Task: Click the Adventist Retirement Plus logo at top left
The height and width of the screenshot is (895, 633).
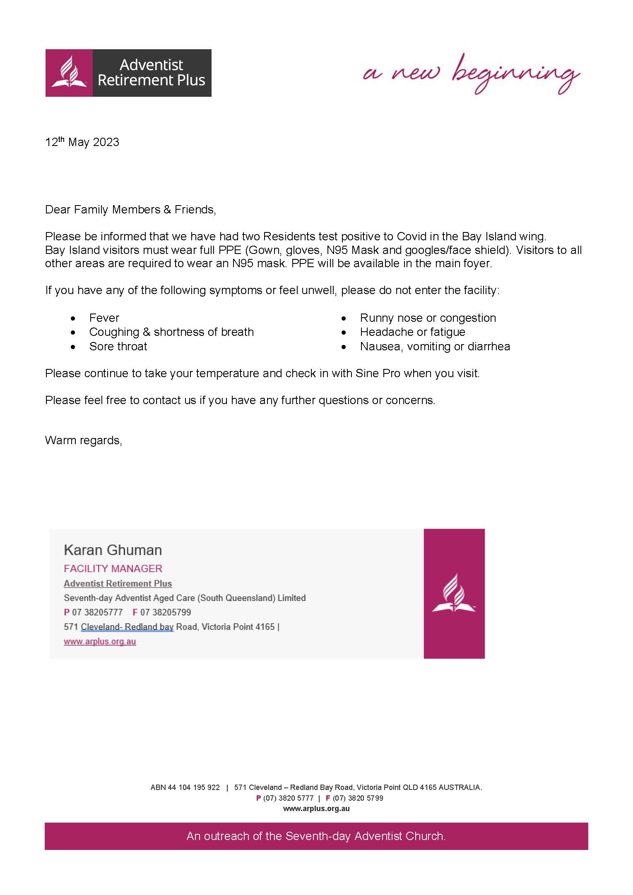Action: point(128,73)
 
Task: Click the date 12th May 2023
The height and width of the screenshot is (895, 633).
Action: point(82,142)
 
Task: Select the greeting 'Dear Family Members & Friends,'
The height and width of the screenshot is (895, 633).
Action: point(130,210)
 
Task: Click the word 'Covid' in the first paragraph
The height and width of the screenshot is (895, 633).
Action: point(412,237)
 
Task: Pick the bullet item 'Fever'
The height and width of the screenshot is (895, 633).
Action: point(104,318)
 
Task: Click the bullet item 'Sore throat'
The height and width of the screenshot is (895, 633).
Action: point(118,347)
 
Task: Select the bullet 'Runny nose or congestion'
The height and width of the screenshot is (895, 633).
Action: point(428,318)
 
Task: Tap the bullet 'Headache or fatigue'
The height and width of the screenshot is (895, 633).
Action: point(412,332)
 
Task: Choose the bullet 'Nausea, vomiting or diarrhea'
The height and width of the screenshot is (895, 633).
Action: point(435,347)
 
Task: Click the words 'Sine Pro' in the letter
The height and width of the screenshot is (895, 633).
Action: point(378,373)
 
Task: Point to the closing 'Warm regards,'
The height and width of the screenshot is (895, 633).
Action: point(83,440)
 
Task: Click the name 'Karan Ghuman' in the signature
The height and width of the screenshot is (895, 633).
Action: point(113,550)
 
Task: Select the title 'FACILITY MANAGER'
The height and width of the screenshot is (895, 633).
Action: point(113,569)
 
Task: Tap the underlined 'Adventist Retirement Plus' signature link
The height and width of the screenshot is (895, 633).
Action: point(118,584)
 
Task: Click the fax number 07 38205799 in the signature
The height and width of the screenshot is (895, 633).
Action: point(166,612)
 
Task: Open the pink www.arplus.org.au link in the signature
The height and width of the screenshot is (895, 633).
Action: point(100,641)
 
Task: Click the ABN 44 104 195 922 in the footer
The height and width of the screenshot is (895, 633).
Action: point(185,787)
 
